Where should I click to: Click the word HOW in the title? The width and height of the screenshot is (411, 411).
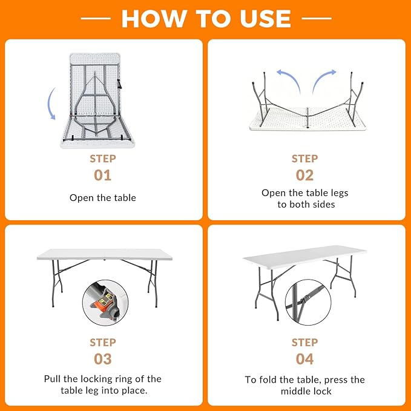153,18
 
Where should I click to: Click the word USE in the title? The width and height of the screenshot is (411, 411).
265,18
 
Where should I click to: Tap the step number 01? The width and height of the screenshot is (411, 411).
103,175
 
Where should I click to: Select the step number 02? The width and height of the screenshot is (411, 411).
304,175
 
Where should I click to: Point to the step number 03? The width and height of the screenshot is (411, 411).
103,359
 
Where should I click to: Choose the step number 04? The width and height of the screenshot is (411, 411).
304,359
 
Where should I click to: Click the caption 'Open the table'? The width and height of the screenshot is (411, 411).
103,198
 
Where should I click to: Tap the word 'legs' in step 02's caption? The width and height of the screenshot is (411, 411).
340,193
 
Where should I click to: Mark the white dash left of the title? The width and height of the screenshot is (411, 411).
96,18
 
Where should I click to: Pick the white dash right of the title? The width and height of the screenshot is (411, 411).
317,18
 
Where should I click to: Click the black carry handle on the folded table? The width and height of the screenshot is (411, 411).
119,84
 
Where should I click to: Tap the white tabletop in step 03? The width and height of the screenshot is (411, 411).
104,254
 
